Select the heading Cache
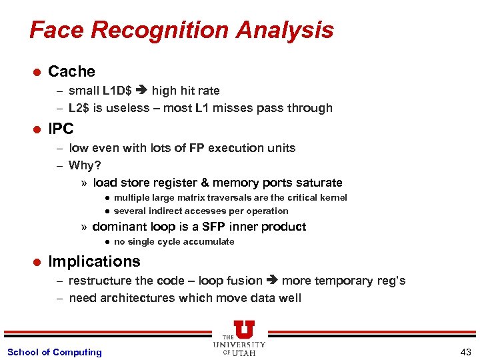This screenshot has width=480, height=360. (x=71, y=71)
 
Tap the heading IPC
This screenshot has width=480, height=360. (x=61, y=129)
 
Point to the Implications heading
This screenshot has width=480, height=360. (x=94, y=261)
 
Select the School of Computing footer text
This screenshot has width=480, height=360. (x=55, y=352)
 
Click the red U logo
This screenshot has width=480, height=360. (x=244, y=330)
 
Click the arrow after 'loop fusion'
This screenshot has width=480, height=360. (x=273, y=281)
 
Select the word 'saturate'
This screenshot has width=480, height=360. (x=318, y=183)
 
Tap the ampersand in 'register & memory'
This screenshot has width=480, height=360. (x=203, y=183)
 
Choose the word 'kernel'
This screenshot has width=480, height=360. (x=333, y=197)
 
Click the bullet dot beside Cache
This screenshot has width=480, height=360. (x=37, y=72)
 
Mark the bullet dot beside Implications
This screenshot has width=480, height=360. (x=37, y=262)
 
